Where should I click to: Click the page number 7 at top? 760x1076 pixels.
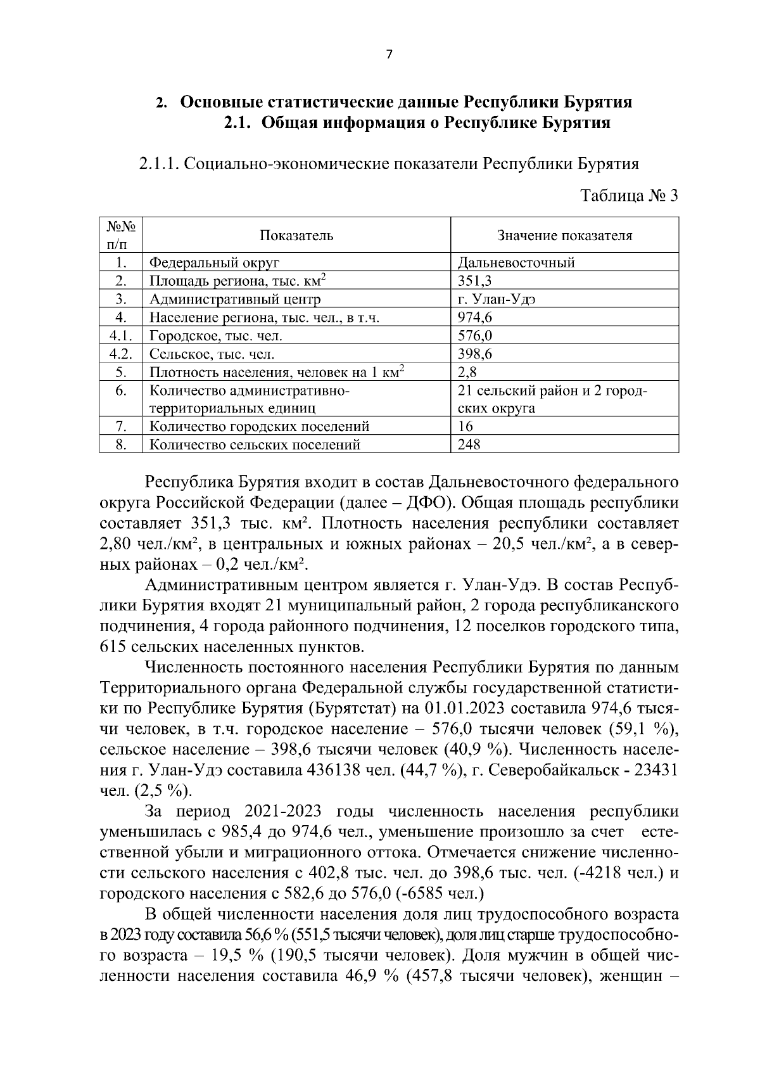pyautogui.click(x=389, y=55)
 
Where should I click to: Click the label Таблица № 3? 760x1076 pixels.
pyautogui.click(x=629, y=195)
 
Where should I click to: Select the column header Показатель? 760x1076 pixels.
pyautogui.click(x=296, y=236)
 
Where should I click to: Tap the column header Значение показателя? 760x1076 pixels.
pyautogui.click(x=564, y=236)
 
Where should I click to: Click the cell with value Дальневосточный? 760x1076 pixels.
pyautogui.click(x=516, y=262)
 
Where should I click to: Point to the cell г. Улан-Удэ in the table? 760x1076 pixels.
pyautogui.click(x=497, y=299)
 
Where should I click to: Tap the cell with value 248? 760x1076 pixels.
pyautogui.click(x=469, y=444)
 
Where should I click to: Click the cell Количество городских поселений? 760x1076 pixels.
pyautogui.click(x=259, y=426)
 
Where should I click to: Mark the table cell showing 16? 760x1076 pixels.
pyautogui.click(x=465, y=426)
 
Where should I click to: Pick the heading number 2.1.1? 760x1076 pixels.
pyautogui.click(x=158, y=164)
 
